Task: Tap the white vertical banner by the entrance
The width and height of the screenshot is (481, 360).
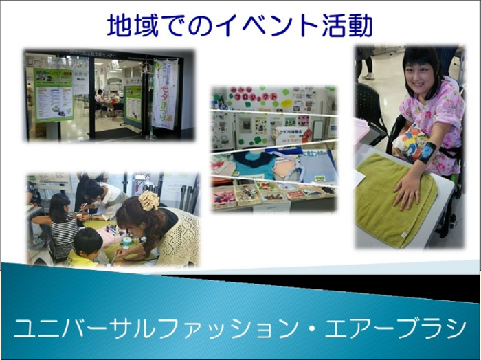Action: [165, 93]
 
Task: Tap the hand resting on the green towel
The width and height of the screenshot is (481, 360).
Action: [407, 189]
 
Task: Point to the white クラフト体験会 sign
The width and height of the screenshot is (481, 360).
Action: [291, 135]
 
